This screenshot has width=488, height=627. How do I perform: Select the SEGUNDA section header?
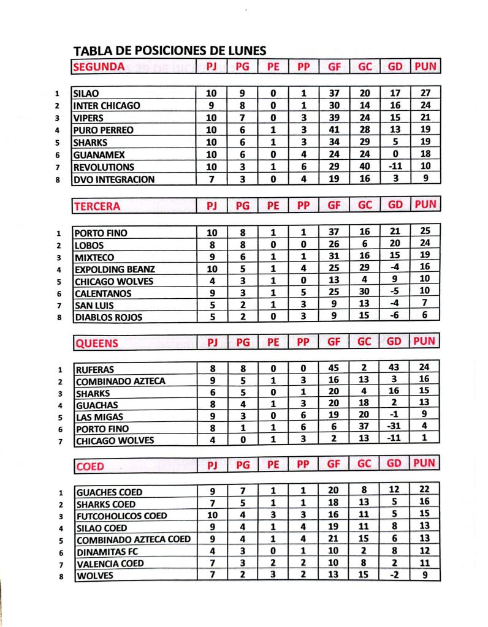click(99, 67)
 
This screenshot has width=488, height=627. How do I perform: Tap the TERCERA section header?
click(97, 206)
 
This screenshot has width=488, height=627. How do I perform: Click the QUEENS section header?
click(96, 344)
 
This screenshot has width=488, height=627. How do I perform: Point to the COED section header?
click(90, 467)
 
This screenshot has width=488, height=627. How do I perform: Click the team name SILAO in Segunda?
click(85, 93)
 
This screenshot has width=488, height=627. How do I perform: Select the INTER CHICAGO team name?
click(107, 105)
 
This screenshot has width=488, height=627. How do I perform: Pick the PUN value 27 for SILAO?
click(425, 93)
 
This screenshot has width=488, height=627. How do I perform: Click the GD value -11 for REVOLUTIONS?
click(395, 167)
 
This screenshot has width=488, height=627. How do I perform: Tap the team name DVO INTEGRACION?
click(113, 179)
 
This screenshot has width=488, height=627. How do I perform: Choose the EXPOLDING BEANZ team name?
click(115, 269)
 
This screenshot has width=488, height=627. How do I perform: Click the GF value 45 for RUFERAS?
click(334, 369)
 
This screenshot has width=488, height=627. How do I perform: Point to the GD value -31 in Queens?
click(395, 429)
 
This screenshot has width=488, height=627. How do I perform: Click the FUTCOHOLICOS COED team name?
click(121, 516)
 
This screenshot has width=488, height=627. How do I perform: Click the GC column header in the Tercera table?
click(365, 206)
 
